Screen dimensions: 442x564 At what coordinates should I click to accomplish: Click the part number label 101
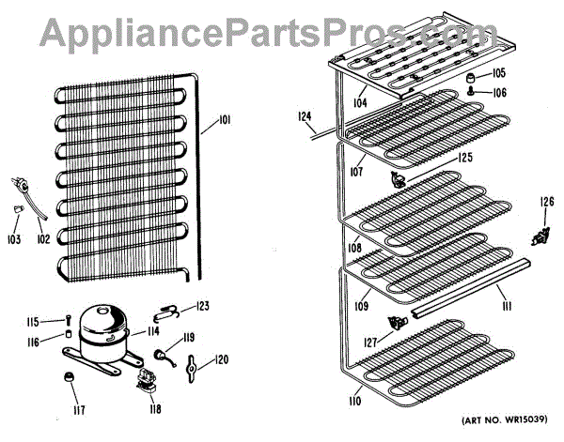tap(226, 119)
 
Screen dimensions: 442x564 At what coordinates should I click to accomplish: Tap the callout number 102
tap(42, 238)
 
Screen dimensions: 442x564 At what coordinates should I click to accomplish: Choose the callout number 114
tap(153, 332)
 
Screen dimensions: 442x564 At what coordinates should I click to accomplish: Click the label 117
tap(68, 410)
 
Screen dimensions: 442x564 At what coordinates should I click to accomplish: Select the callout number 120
tap(222, 359)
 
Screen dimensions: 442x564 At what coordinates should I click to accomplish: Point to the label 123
tap(203, 306)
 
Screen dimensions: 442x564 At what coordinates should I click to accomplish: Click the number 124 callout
tap(304, 116)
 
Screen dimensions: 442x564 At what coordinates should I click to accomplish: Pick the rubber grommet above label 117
tap(68, 376)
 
